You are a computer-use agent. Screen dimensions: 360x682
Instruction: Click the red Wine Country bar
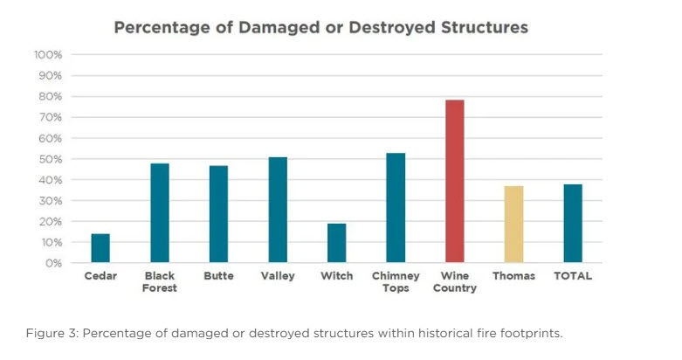[454, 181]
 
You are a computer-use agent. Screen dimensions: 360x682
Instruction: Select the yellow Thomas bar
[513, 224]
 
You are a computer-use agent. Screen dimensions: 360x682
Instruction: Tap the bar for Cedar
[100, 248]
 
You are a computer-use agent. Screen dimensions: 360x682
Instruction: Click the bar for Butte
[218, 214]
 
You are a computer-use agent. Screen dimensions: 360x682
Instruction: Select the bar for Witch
[336, 243]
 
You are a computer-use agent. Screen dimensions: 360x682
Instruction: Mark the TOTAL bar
[572, 223]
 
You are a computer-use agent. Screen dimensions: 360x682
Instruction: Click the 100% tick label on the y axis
[48, 55]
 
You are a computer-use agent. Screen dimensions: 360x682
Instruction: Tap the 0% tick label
[54, 263]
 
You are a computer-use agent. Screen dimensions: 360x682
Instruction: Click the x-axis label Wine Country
[454, 281]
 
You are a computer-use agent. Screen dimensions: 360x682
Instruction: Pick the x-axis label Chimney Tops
[396, 281]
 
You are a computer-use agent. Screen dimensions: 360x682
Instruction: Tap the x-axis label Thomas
[513, 276]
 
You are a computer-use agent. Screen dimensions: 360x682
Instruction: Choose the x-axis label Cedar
[100, 276]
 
